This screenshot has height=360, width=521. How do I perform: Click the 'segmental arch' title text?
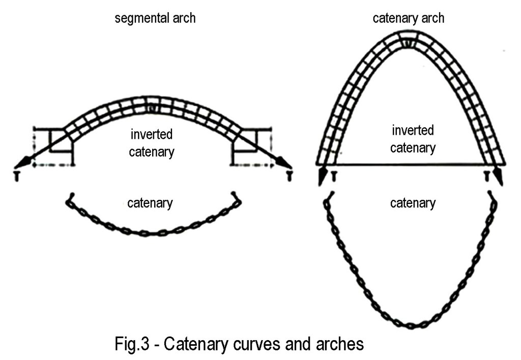[155, 19]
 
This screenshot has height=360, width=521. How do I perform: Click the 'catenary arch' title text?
[409, 19]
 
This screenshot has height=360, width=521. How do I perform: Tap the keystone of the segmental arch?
[151, 108]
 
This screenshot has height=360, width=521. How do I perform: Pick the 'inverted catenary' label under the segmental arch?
[152, 143]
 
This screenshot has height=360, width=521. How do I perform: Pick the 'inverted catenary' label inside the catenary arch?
[413, 139]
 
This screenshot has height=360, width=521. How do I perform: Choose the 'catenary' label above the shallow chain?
[151, 203]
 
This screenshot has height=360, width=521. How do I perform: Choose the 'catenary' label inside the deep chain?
[413, 203]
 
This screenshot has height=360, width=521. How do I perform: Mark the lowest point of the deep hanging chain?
[412, 325]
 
